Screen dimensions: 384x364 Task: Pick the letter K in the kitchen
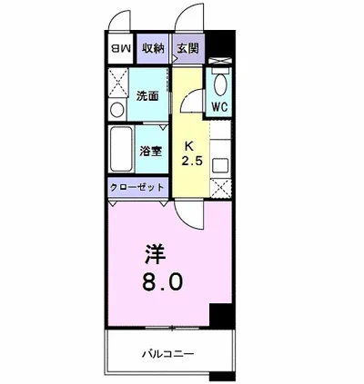coord(189,145)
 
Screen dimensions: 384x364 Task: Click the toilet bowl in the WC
coord(218,85)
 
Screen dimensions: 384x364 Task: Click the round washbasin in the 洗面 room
coord(116,109)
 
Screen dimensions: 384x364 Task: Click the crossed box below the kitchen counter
coord(219,190)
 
